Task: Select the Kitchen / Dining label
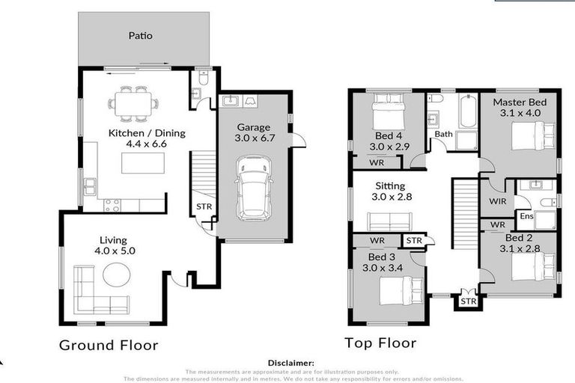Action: coord(147,133)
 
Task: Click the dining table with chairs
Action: coord(133,102)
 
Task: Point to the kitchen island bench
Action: coord(142,161)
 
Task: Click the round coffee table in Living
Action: coord(116,275)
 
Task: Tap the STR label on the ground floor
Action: coord(203,207)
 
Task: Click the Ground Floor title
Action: coord(109,345)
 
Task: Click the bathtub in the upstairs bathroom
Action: coord(468,111)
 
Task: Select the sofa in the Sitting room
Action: coord(389,221)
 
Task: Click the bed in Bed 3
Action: coord(401,290)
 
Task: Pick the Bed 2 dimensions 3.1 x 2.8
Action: coord(519,250)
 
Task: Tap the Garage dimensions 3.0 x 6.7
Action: coord(253,138)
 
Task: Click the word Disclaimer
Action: coord(287,363)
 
